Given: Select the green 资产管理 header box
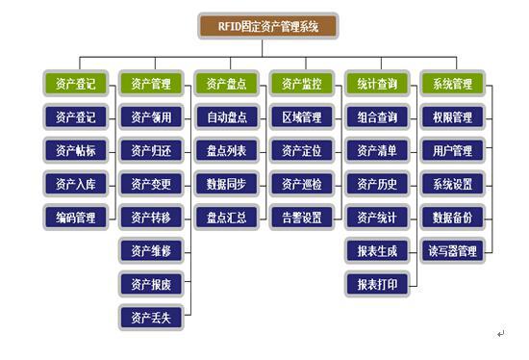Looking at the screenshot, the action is tap(150, 84).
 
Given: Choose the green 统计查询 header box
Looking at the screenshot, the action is tap(376, 84).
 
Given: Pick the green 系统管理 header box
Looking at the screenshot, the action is tap(452, 84).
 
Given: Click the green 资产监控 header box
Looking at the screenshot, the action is tap(301, 84).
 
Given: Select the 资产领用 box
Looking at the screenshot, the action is tap(150, 117).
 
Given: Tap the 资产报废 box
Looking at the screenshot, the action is tap(150, 283).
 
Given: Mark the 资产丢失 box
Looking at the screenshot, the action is tap(150, 317).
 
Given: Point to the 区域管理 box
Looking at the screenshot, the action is tap(301, 117).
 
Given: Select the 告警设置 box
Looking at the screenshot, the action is tap(301, 217).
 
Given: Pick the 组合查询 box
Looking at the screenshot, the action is tap(376, 117).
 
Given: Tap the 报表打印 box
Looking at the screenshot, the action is tap(376, 283).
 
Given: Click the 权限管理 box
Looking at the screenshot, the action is tap(452, 117).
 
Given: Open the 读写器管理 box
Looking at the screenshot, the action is tap(452, 250).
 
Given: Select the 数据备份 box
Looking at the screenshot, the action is tap(452, 217).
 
